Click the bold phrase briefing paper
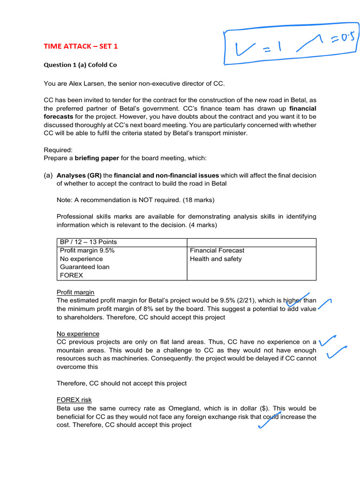(x=97, y=158)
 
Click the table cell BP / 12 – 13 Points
(x=88, y=242)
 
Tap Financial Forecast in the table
(x=217, y=250)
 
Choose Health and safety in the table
(x=216, y=259)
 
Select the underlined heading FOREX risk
(x=74, y=400)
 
